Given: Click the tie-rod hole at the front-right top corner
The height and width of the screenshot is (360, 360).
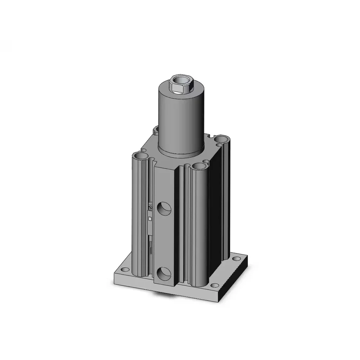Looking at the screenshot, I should point(199,166).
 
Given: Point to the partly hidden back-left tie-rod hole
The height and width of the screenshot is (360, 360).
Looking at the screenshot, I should point(157,129).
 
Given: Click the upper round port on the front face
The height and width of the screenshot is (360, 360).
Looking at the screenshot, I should point(164,208).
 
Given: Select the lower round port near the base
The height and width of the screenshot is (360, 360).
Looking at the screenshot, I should point(165,273).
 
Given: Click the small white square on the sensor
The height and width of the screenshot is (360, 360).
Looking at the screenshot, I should point(150,219).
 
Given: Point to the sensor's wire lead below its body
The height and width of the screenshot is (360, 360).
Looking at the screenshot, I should point(150,245).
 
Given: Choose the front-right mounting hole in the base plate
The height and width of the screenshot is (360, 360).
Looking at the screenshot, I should point(215,285).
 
